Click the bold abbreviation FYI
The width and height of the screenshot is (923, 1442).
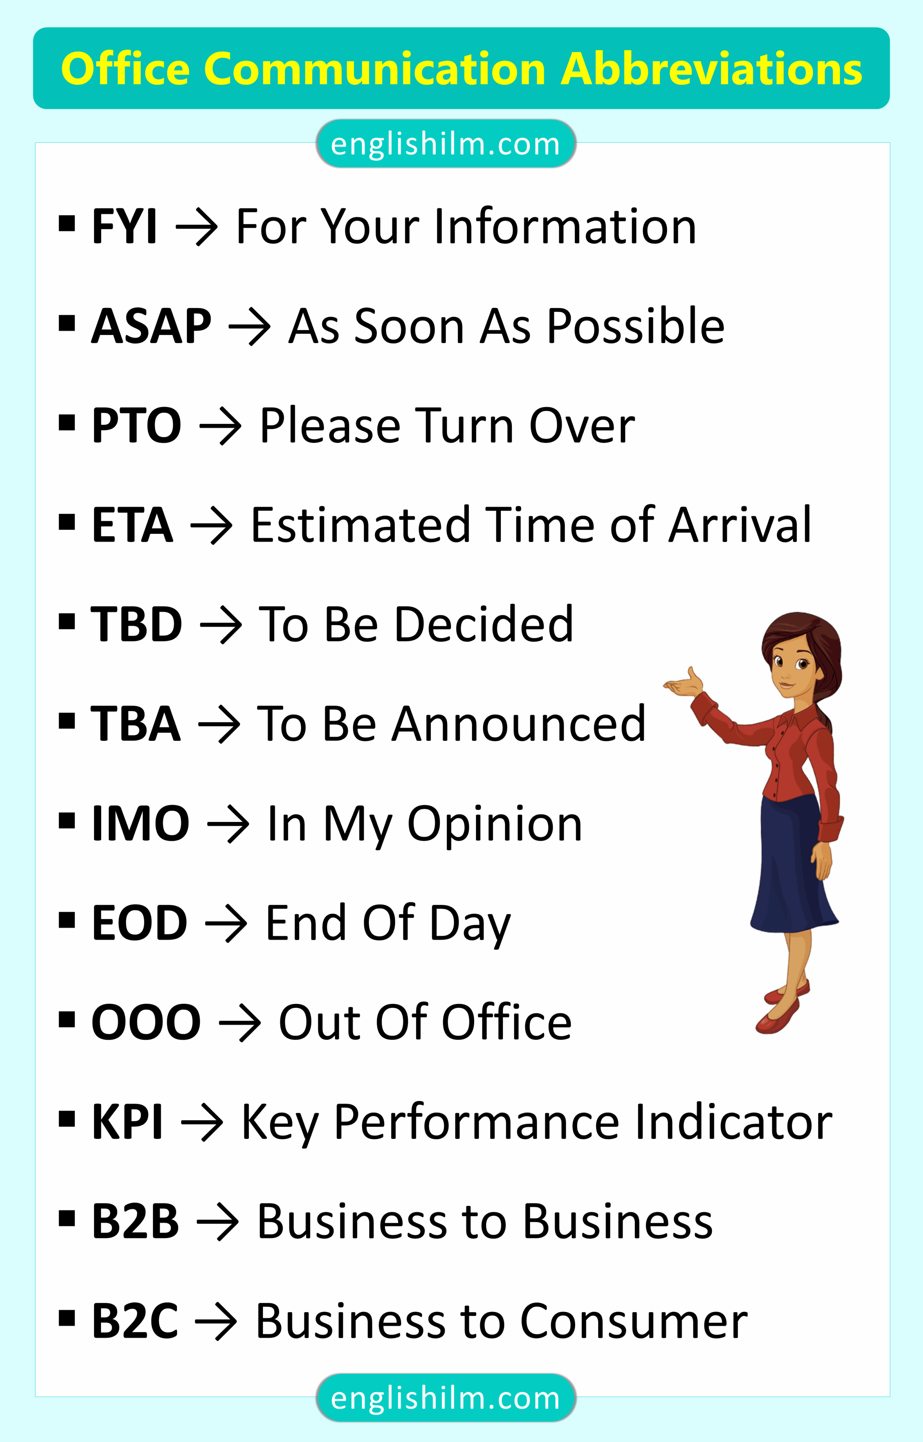[x=124, y=226]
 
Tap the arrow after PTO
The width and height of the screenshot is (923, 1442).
[x=220, y=426]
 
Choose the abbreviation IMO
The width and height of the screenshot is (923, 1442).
[x=140, y=824]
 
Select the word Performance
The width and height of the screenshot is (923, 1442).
[x=477, y=1122]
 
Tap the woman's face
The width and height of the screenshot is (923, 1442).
[x=791, y=668]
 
